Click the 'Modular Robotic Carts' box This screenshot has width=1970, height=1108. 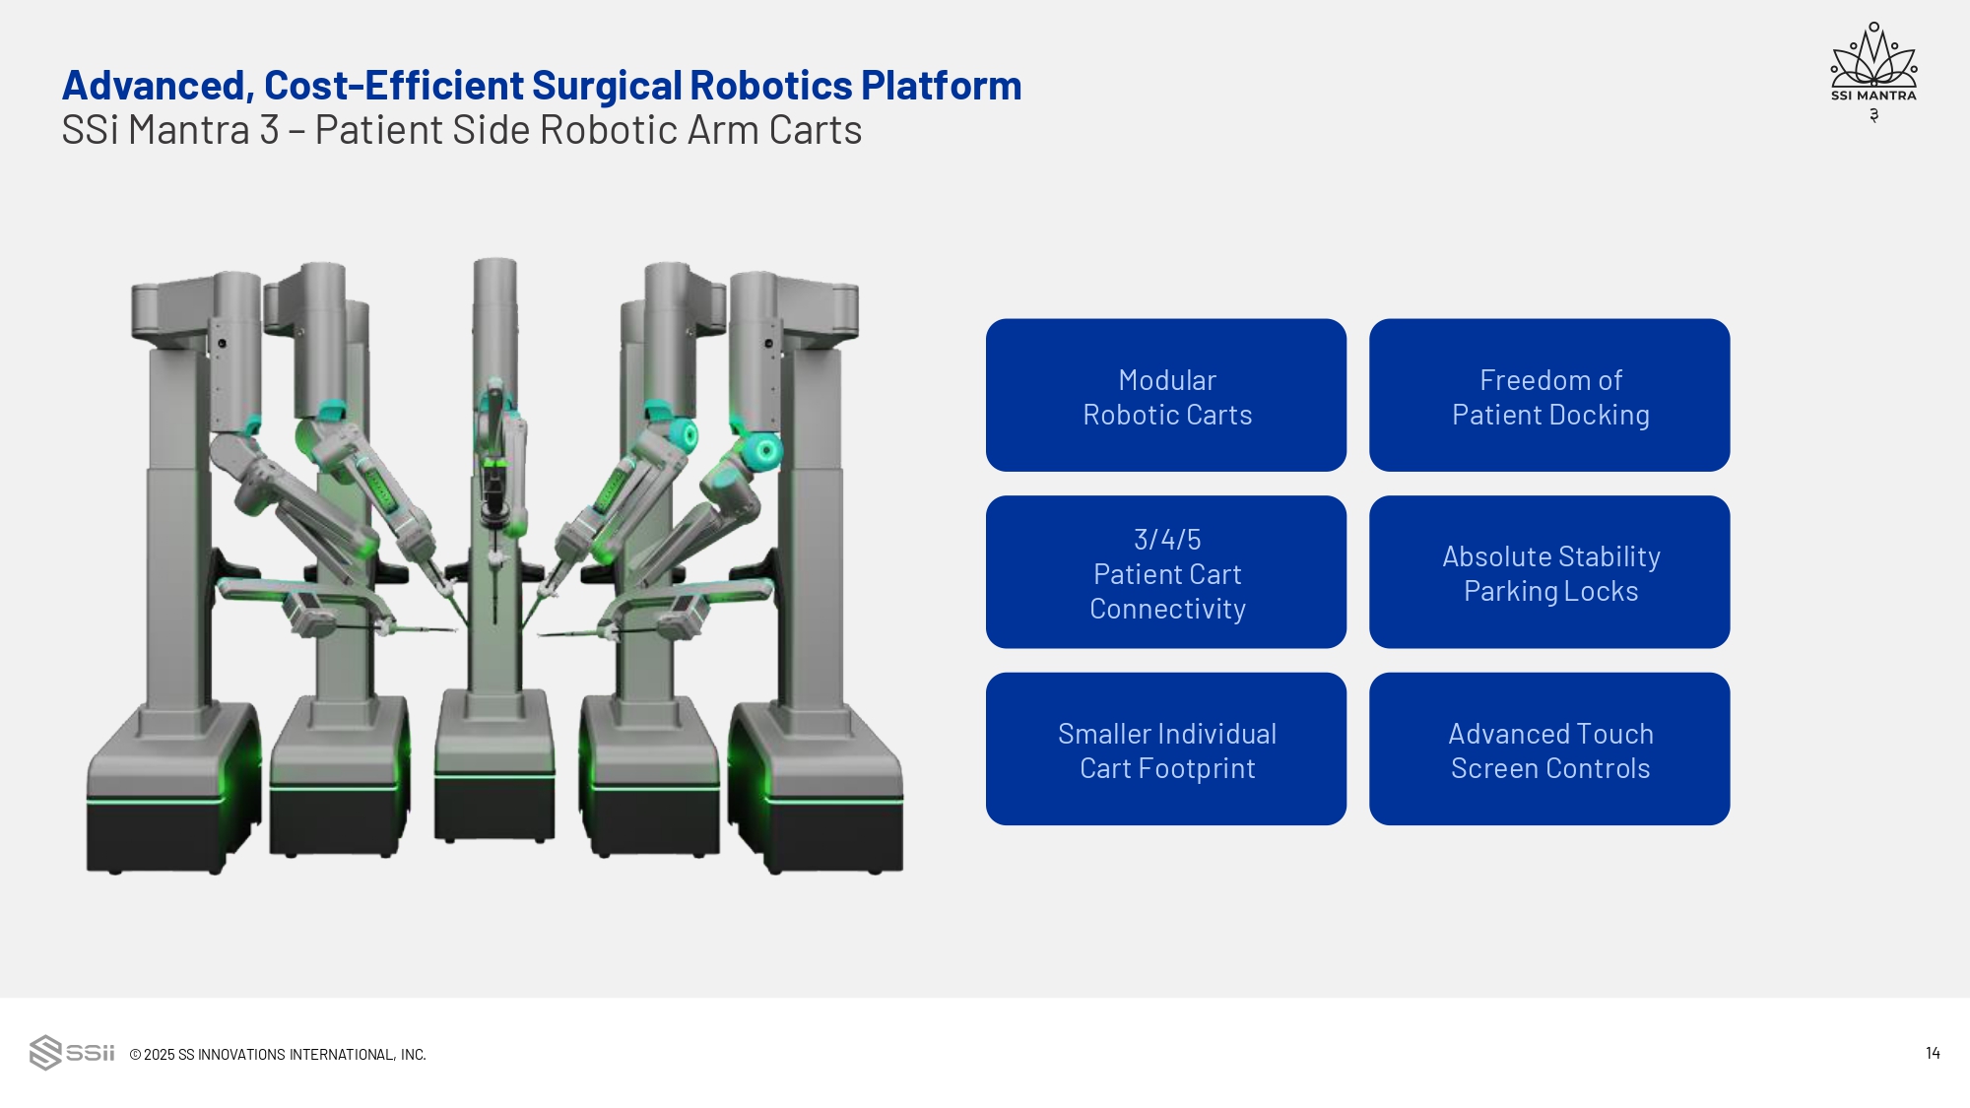1166,395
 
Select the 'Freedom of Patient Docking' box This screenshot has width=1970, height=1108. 1549,395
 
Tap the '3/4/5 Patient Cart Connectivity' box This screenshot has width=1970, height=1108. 1166,572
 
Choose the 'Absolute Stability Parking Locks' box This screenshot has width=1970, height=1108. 1549,572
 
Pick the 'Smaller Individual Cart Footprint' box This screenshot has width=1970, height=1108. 1166,750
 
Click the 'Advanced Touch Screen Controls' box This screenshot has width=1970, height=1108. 1549,750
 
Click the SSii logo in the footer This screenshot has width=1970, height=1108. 72,1053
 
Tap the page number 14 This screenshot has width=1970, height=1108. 1933,1053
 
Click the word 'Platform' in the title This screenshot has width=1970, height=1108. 941,86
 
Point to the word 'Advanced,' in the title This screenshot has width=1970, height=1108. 158,86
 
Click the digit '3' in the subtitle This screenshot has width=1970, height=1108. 269,130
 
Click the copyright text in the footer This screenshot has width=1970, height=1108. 278,1054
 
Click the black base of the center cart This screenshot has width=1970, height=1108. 494,808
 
